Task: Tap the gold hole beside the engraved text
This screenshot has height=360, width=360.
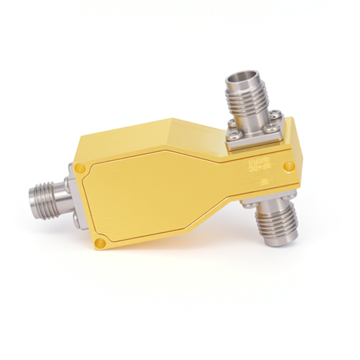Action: [x=288, y=167]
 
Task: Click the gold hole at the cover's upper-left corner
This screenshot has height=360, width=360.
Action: [x=80, y=169]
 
